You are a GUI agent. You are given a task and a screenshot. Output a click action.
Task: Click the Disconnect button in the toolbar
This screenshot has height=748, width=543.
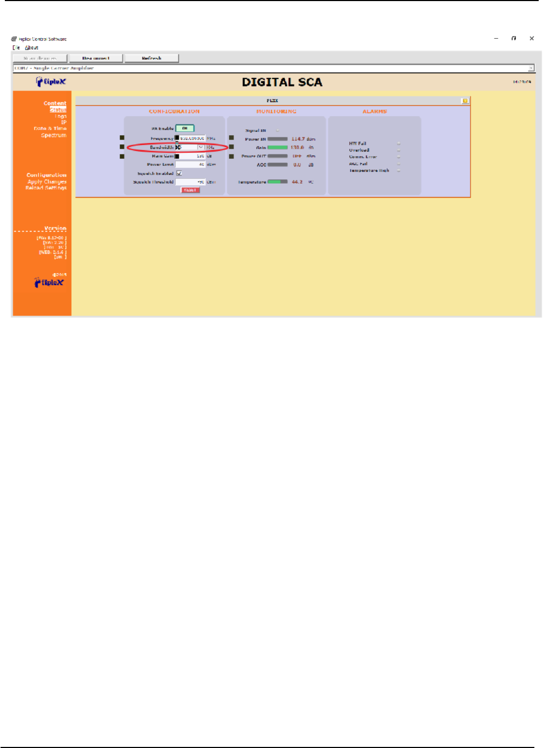pyautogui.click(x=96, y=58)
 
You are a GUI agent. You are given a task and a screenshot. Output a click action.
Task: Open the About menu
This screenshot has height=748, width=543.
pyautogui.click(x=32, y=47)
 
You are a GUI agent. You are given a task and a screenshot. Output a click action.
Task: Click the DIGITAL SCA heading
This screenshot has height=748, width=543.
pyautogui.click(x=282, y=82)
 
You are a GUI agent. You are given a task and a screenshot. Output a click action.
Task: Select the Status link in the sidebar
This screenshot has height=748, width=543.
pyautogui.click(x=58, y=110)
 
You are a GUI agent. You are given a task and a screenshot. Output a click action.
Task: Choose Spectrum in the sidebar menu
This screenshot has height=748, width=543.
pyautogui.click(x=54, y=135)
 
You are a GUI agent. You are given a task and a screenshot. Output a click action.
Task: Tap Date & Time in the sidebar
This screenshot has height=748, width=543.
pyautogui.click(x=50, y=129)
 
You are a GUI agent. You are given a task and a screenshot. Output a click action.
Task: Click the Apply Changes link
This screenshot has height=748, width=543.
pyautogui.click(x=47, y=182)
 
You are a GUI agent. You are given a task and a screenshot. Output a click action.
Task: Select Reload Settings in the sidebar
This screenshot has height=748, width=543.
pyautogui.click(x=46, y=188)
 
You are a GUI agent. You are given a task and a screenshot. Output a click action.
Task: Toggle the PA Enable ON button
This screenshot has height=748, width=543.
pyautogui.click(x=184, y=128)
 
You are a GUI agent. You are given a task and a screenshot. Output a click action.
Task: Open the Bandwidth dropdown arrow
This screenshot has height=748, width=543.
pyautogui.click(x=201, y=147)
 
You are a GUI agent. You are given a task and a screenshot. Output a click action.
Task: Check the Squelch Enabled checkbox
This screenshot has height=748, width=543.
pyautogui.click(x=179, y=173)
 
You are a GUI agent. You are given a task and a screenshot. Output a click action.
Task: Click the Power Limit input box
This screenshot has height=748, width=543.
pyautogui.click(x=190, y=165)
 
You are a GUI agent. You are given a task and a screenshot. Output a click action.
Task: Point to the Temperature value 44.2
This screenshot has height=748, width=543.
pyautogui.click(x=297, y=182)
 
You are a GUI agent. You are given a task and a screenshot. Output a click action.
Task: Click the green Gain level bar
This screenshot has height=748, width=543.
pyautogui.click(x=278, y=148)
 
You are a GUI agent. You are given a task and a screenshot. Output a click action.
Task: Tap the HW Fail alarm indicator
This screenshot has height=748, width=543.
pyautogui.click(x=398, y=144)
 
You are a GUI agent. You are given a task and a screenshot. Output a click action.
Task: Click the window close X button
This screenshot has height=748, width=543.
pyautogui.click(x=532, y=38)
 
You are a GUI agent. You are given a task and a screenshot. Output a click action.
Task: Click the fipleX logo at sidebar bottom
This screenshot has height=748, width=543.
pyautogui.click(x=49, y=283)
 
